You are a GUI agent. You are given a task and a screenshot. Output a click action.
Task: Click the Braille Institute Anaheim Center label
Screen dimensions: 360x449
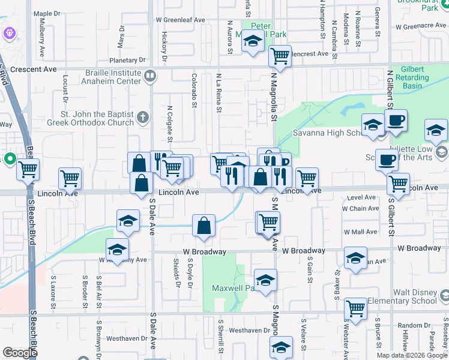point(103,80)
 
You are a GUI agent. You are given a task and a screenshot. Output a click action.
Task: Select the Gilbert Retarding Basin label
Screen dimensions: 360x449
point(412,77)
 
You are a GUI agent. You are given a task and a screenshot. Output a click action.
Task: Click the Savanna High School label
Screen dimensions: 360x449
point(325,133)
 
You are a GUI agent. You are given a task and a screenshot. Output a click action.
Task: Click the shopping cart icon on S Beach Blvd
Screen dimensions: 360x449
point(28,170)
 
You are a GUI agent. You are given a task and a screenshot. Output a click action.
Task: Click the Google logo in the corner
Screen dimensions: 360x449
point(20,352)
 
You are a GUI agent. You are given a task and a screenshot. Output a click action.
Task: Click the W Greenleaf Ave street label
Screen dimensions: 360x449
point(180,20)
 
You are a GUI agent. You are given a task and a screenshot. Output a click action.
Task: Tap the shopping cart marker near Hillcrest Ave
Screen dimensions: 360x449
point(280,56)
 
